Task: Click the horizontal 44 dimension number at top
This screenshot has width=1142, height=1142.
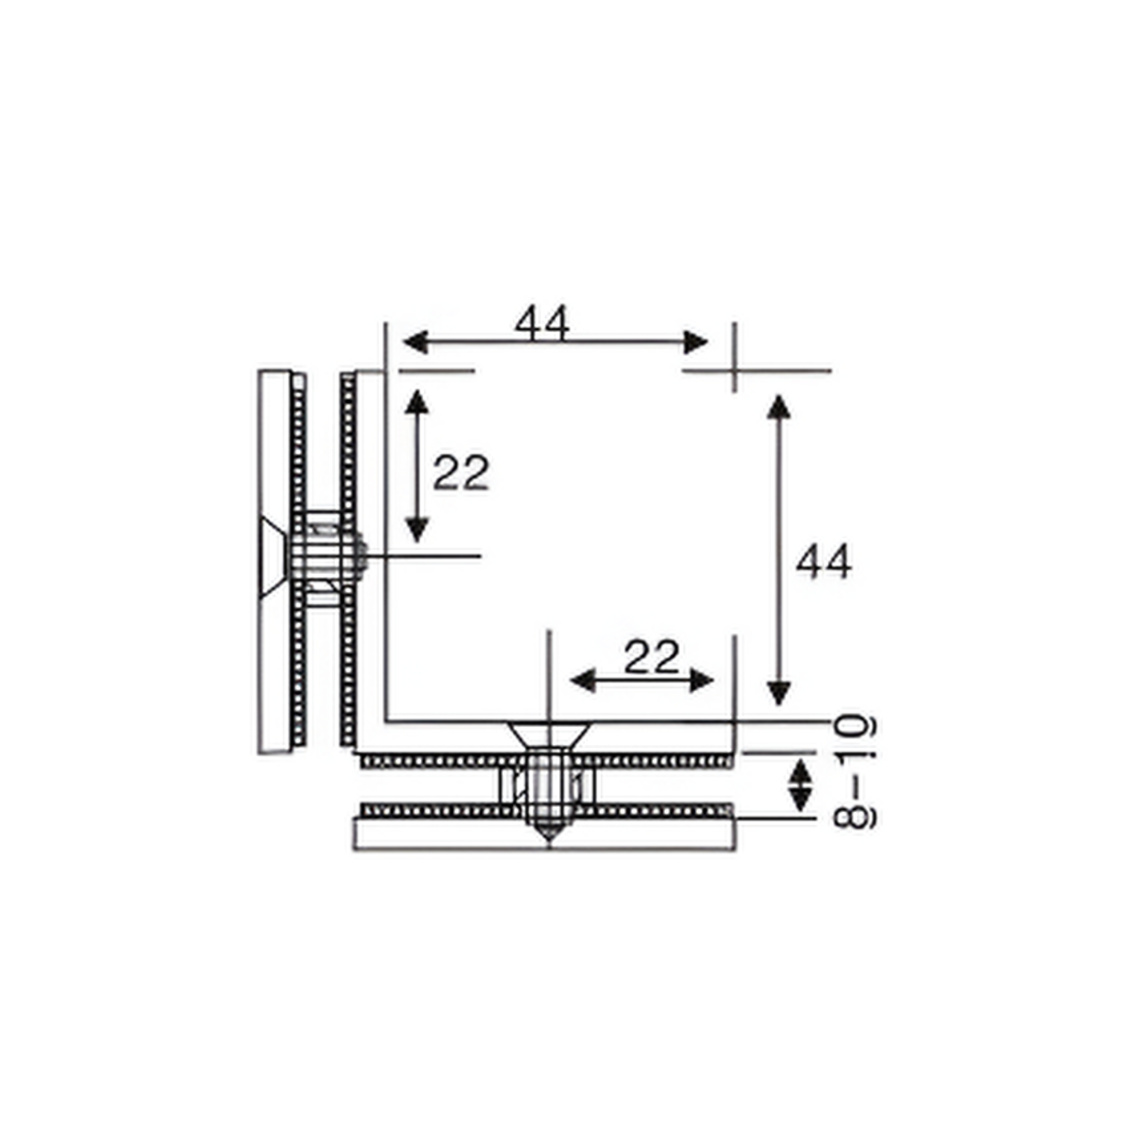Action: (541, 323)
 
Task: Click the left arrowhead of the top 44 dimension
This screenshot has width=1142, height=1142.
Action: (415, 342)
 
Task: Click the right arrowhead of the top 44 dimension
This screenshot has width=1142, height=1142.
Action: (696, 342)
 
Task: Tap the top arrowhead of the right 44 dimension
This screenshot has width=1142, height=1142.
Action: (778, 407)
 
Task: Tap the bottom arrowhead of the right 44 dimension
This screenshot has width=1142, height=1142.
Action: (778, 694)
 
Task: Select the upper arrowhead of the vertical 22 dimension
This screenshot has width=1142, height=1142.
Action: (416, 403)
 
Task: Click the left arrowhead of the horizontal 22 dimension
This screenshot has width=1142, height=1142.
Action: (583, 681)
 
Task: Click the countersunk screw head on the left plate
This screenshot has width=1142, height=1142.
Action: (272, 556)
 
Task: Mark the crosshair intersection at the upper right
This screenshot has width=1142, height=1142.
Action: (735, 371)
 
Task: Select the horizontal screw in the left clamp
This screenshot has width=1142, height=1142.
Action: (325, 556)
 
